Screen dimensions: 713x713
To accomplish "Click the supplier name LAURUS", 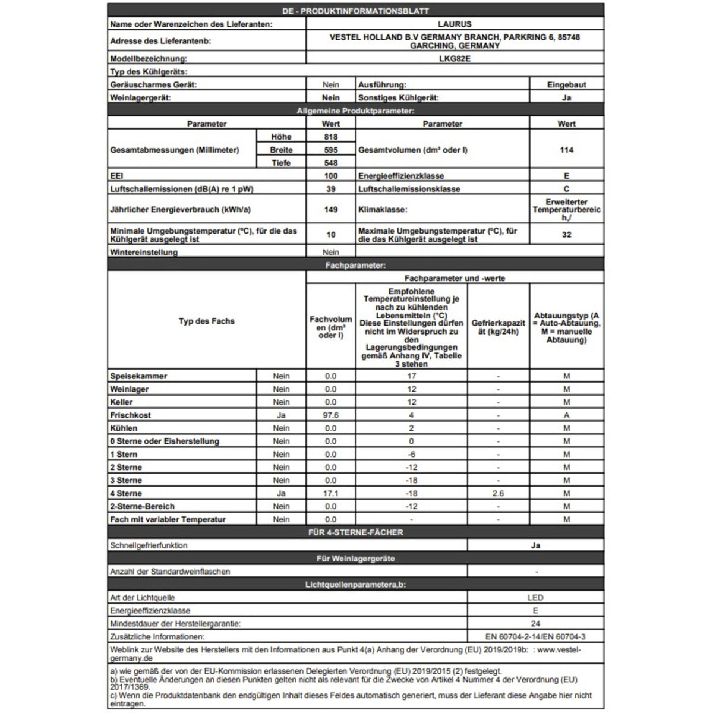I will coord(455,24).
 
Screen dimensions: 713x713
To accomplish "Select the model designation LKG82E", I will coord(455,59).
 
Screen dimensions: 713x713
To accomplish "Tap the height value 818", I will coord(331,137).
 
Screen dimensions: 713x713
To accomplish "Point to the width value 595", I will coord(331,150).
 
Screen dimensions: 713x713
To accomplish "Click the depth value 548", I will coord(331,163).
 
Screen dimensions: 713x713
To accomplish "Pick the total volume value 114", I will coord(566,150).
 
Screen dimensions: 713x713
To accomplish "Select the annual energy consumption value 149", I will coord(331,209).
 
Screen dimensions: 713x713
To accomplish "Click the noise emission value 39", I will coord(331,189).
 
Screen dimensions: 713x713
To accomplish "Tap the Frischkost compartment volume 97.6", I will coord(331,415).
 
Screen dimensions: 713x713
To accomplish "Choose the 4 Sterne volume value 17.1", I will coord(331,493).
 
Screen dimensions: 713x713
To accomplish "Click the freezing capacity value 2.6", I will coord(498,493).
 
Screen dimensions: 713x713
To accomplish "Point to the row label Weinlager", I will coord(130,389).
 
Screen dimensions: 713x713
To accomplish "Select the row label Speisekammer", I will coord(138,376).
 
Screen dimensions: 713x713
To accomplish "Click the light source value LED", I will coord(535,598).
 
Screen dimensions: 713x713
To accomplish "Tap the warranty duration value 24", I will coord(535,624).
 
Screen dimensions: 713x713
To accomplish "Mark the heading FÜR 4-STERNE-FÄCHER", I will coord(355,532).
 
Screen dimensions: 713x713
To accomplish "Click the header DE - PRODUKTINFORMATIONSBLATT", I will coord(355,11).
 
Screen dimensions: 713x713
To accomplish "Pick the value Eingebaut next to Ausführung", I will coord(566,85).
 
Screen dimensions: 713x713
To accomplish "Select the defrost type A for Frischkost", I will coord(566,415).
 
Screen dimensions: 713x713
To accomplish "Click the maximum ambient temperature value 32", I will coord(566,235).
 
